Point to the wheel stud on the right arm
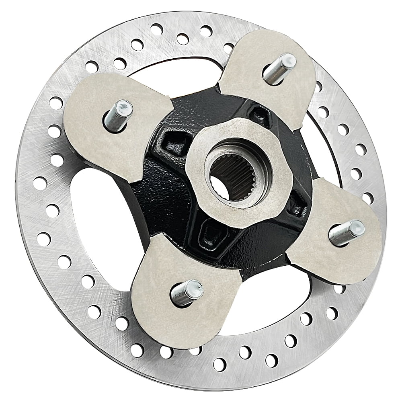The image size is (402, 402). [346, 233]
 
